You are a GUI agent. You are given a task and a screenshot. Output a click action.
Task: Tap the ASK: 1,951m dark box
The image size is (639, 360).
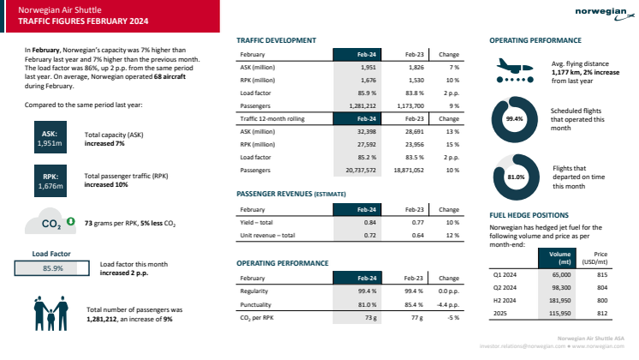tap(50, 138)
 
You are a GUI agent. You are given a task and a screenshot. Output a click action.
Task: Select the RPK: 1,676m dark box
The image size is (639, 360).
tap(50, 181)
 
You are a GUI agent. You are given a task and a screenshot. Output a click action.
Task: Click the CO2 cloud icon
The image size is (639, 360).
tap(52, 225)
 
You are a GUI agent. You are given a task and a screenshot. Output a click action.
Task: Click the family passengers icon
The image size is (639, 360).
tap(51, 313)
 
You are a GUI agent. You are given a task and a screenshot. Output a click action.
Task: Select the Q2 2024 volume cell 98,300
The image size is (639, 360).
tap(562, 290)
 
